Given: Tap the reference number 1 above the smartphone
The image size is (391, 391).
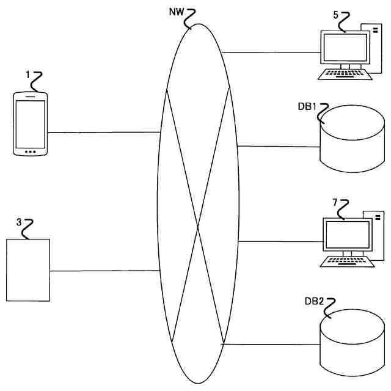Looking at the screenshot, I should pos(27,74).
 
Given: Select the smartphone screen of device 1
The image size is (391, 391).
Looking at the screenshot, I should pos(30,123).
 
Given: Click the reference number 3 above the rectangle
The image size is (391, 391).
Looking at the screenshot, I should pos(19,223).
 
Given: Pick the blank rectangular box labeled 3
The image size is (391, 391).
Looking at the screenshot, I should pos(28,269).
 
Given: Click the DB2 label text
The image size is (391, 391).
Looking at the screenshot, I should pos(314,302).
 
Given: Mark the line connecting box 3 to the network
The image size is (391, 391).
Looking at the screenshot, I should pos(104,271).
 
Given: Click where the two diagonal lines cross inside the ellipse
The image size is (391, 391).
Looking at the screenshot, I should pos(198,228).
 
